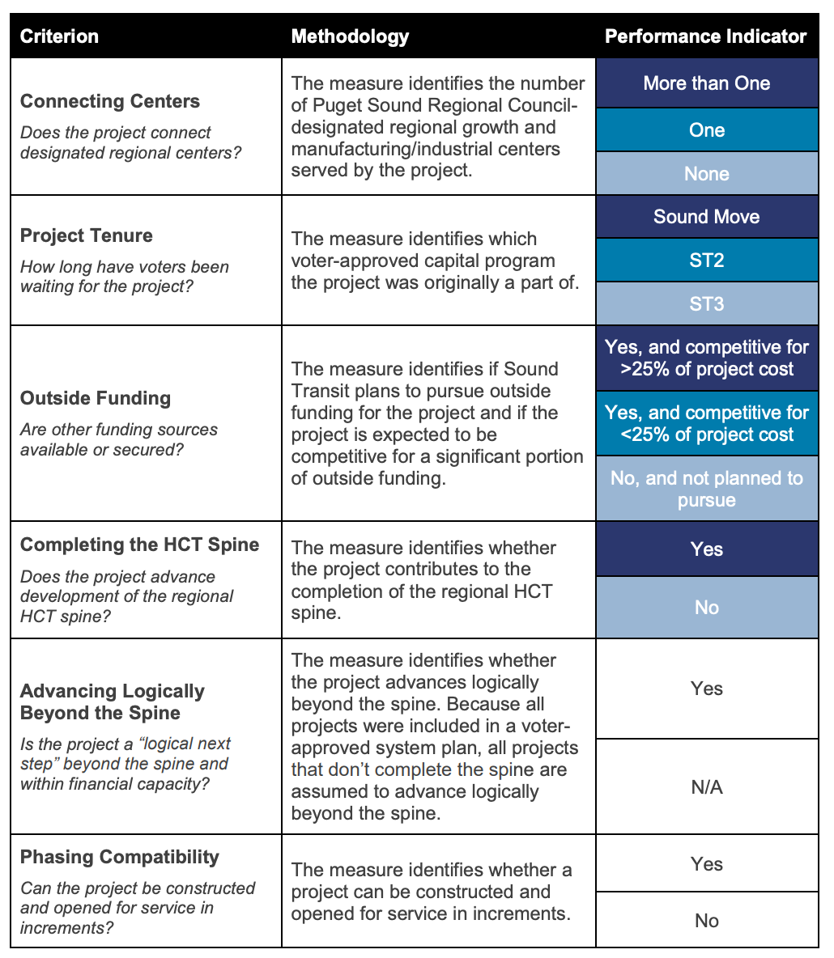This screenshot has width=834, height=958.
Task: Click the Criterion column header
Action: pos(59,36)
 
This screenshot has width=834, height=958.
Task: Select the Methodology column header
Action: pos(350,36)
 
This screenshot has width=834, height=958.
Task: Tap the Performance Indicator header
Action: pos(706,36)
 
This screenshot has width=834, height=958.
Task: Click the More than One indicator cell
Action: pos(706,83)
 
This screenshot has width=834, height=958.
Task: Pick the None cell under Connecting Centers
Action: pos(706,174)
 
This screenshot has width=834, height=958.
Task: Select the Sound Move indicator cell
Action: pos(706,217)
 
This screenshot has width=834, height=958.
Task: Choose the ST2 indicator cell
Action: pos(706,260)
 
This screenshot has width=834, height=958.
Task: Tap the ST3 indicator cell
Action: pos(706,303)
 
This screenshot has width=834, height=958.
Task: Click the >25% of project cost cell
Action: pos(706,358)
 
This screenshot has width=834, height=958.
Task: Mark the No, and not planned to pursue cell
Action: pos(706,489)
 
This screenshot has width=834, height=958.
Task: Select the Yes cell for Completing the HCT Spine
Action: pos(706,549)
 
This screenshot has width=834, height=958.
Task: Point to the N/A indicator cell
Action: pos(706,786)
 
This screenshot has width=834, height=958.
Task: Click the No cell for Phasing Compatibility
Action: pos(706,921)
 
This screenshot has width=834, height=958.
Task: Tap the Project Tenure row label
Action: pos(87,235)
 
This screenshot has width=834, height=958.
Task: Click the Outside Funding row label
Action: pos(96,398)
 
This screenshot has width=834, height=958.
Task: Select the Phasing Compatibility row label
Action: pos(120,857)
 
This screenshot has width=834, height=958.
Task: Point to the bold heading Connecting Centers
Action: pos(110,101)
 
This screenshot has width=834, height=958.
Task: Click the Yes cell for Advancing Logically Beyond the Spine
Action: pos(706,689)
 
